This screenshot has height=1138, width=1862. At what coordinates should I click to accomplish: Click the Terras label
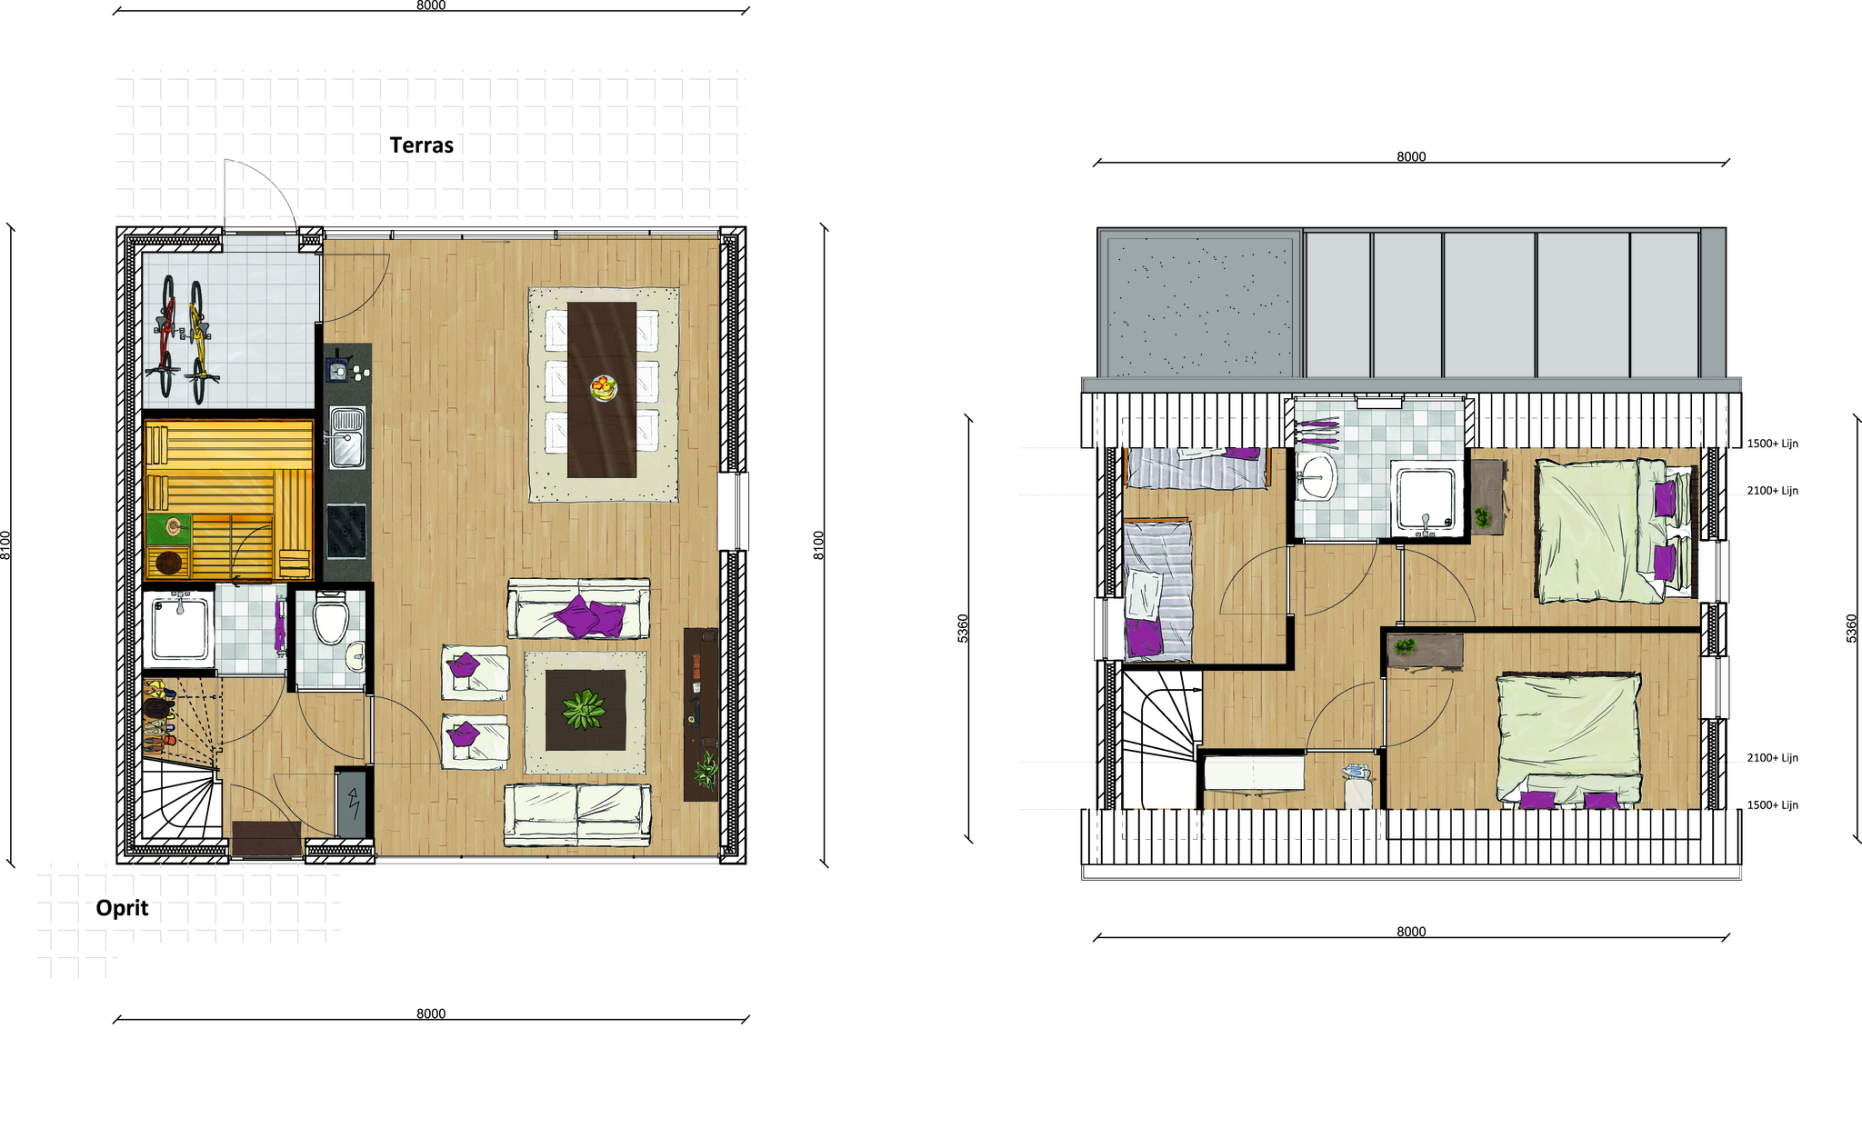[x=421, y=145]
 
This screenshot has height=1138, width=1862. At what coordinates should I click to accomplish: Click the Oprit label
[x=122, y=908]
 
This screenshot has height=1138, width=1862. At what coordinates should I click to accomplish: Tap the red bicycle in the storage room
[x=165, y=337]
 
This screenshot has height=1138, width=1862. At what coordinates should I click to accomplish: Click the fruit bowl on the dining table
[x=603, y=388]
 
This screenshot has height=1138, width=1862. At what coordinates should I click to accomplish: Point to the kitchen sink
[x=347, y=437]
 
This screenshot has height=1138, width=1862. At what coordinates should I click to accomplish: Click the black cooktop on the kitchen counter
[x=346, y=531]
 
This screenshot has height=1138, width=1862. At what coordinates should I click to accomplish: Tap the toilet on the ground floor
[x=330, y=617]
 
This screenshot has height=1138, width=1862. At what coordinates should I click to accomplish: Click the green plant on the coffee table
[x=584, y=710]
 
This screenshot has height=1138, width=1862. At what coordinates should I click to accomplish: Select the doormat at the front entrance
[x=266, y=838]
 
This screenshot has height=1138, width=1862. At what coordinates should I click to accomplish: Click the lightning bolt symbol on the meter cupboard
[x=354, y=804]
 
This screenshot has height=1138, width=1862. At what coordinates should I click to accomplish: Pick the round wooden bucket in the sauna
[x=169, y=564]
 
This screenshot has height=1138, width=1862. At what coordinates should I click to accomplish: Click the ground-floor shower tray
[x=179, y=628]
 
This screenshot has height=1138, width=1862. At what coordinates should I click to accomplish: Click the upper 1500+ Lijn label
[x=1772, y=444]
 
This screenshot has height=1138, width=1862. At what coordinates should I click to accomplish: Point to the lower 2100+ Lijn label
[x=1772, y=758]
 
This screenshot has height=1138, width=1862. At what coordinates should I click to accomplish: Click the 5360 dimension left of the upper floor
[x=963, y=628]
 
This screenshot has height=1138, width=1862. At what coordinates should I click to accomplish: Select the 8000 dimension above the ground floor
[x=431, y=5]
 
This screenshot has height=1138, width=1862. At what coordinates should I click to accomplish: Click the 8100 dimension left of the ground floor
[x=5, y=544]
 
